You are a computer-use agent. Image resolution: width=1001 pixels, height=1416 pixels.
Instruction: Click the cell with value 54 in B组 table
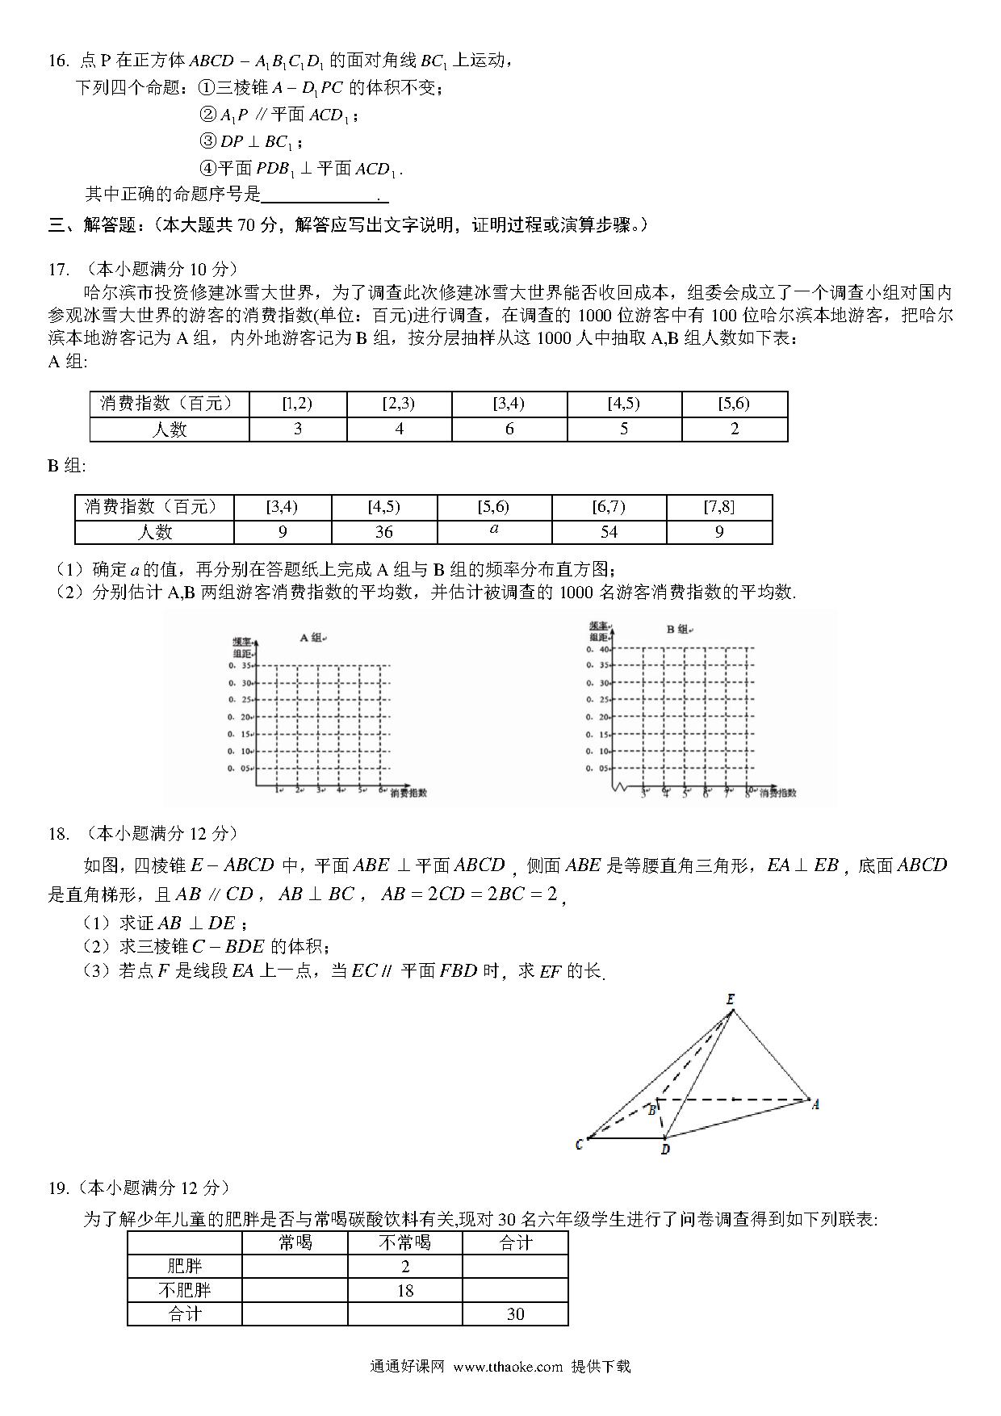609,532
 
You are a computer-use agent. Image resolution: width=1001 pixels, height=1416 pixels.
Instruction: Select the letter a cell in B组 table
494,530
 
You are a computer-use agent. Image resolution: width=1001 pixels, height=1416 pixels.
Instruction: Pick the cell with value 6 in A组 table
509,429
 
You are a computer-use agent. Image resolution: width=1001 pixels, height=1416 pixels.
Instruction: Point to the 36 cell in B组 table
383,532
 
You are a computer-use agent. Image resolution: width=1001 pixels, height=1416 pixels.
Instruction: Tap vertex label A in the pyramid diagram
815,1104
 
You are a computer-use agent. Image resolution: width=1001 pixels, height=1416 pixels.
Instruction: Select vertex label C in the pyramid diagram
579,1144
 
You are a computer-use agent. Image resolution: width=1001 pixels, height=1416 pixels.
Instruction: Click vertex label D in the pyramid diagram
665,1149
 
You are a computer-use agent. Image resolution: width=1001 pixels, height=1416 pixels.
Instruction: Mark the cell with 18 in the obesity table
404,1290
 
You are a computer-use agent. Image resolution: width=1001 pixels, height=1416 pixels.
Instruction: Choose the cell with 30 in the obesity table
515,1314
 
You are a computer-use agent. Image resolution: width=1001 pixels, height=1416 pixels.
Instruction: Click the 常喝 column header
295,1243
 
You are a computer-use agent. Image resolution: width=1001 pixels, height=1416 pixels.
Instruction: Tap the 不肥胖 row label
185,1290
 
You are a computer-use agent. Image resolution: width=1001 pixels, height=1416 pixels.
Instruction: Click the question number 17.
58,270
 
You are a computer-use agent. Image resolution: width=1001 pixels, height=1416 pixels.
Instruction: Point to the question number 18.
58,833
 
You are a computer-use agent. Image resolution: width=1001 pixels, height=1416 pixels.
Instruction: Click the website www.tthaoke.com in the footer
507,1367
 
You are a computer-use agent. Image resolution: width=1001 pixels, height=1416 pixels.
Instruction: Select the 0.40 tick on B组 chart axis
598,649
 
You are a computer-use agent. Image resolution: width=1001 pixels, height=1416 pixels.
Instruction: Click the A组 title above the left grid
310,638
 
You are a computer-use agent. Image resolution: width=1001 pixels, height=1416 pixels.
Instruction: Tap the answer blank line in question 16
325,195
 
